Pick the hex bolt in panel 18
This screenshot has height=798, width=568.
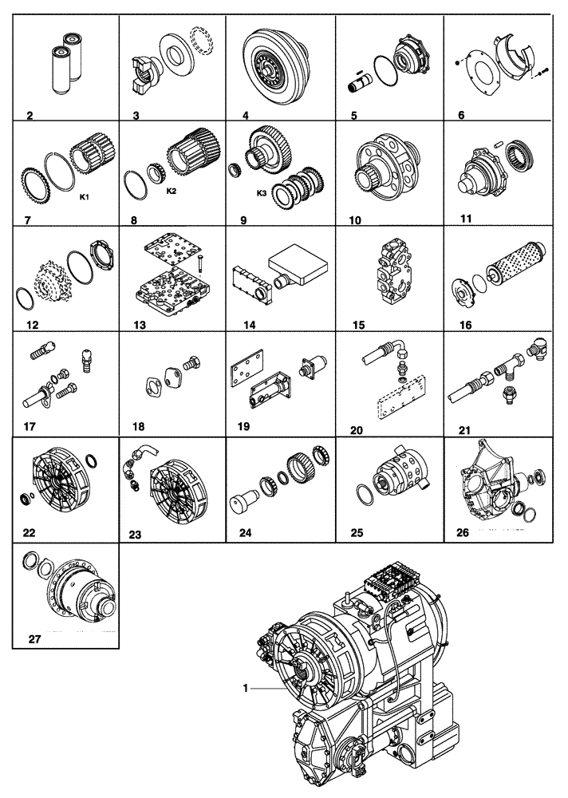tap(192, 364)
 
